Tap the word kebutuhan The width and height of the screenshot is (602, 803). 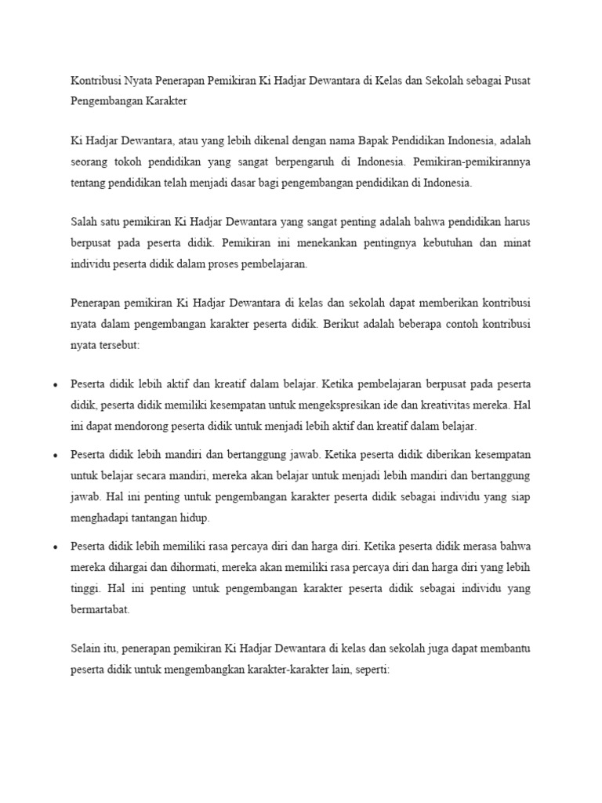pos(440,243)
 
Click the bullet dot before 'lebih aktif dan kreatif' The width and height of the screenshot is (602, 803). pos(55,386)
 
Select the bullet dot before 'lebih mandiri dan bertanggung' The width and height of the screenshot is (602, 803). pos(55,455)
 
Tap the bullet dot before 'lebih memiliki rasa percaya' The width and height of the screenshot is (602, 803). pos(55,546)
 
